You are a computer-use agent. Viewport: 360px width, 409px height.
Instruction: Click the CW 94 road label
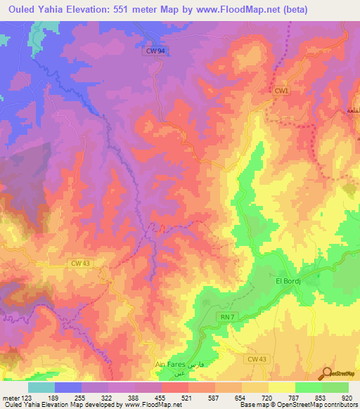(x=156, y=51)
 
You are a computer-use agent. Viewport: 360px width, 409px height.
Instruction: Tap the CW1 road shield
(x=282, y=91)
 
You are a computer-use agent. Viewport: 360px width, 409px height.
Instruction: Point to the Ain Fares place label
(x=169, y=365)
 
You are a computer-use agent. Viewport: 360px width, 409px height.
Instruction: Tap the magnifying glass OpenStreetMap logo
(x=328, y=373)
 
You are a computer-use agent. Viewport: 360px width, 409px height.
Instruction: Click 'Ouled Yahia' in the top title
(x=35, y=9)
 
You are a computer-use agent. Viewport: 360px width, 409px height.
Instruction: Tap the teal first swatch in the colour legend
(x=41, y=387)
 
